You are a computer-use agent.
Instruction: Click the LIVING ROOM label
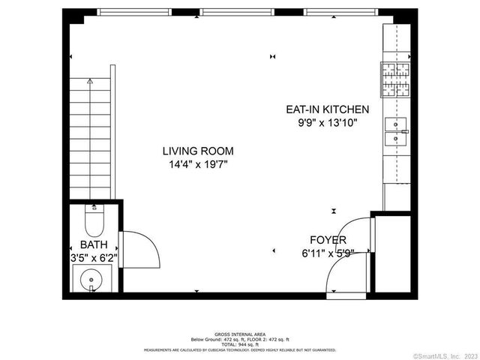pyautogui.click(x=198, y=151)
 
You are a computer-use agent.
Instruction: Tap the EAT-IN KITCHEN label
pyautogui.click(x=327, y=109)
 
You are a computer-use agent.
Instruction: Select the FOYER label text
pyautogui.click(x=328, y=240)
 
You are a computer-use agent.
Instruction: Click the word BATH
pyautogui.click(x=94, y=244)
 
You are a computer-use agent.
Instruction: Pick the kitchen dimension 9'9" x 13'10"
pyautogui.click(x=327, y=121)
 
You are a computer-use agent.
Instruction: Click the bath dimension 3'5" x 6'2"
pyautogui.click(x=94, y=256)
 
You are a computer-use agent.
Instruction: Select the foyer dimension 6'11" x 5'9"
pyautogui.click(x=328, y=252)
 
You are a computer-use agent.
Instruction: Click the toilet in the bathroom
pyautogui.click(x=94, y=220)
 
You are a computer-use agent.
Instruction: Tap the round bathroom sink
pyautogui.click(x=91, y=280)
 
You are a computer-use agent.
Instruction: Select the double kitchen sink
pyautogui.click(x=395, y=130)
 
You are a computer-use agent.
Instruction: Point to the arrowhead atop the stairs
pyautogui.click(x=91, y=80)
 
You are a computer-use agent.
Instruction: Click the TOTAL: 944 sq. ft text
pyautogui.click(x=240, y=343)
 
